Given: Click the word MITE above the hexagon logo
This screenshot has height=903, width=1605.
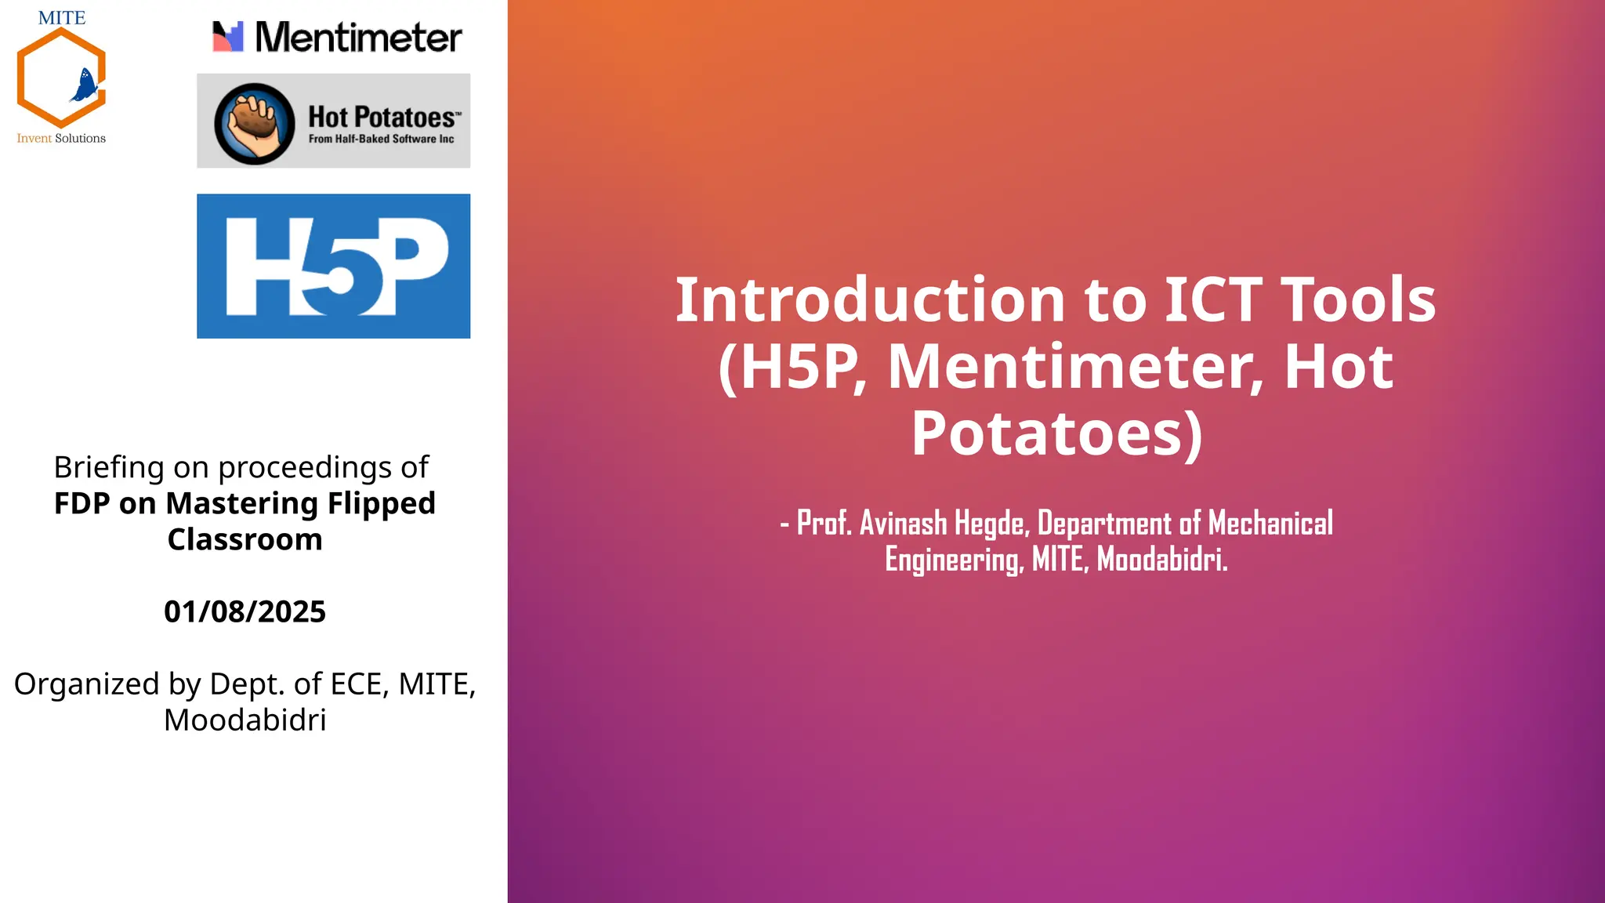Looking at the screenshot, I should click(62, 18).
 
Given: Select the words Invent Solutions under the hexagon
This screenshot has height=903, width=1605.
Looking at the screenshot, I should click(61, 138).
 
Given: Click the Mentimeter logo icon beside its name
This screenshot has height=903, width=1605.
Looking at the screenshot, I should click(228, 37).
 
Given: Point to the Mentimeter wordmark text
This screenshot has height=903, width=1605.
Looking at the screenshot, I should click(358, 38).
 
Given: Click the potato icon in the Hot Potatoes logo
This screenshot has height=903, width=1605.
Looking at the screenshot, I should click(254, 123).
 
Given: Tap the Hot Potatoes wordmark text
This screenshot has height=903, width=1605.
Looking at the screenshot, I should click(382, 118).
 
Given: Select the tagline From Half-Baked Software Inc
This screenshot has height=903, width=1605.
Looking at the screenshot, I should click(381, 139).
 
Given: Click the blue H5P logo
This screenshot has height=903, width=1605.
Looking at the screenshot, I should click(333, 266).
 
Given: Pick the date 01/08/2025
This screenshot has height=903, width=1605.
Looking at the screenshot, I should click(245, 611).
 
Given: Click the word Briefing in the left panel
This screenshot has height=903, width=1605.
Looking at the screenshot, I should click(109, 468).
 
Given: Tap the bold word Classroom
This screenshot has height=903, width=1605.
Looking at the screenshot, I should click(245, 539).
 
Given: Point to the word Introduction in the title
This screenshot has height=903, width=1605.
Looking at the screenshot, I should click(870, 300).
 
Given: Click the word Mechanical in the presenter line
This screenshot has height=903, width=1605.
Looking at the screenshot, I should click(1270, 524).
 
